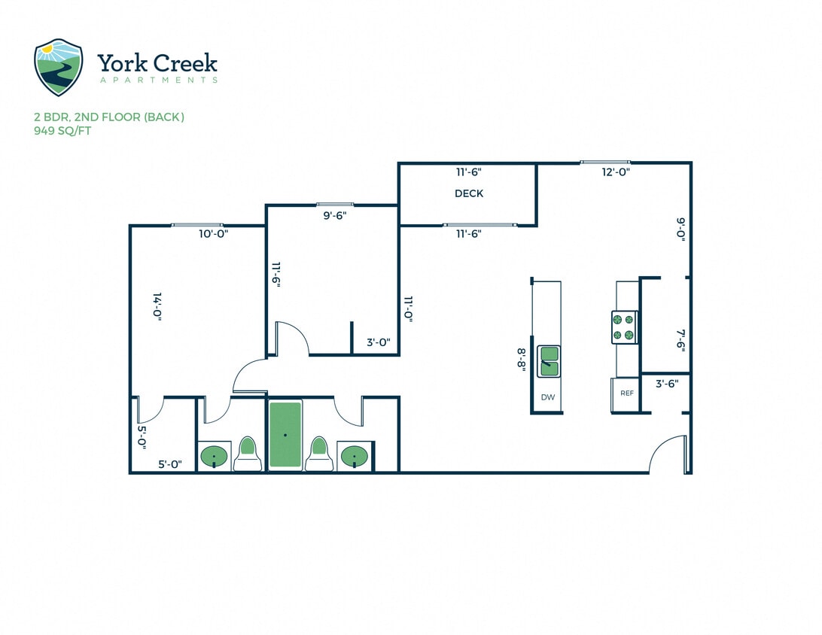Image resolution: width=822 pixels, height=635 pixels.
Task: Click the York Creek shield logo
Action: tap(58, 67)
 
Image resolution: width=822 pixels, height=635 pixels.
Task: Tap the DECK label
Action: tap(468, 193)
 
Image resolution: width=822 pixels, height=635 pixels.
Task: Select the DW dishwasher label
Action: tap(547, 396)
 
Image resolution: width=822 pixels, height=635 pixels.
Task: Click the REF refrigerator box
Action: tap(626, 393)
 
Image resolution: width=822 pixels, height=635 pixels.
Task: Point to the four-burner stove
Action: tap(624, 327)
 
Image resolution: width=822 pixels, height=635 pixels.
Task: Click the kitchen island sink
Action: tap(548, 361)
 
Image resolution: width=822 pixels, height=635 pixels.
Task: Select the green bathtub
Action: tap(285, 434)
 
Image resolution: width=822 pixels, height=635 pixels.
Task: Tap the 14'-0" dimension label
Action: tap(157, 307)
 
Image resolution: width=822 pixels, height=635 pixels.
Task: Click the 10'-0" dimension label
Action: tap(213, 234)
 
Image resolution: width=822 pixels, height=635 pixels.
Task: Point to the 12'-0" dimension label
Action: tap(615, 172)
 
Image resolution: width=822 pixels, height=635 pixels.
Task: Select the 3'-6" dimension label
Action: tap(666, 383)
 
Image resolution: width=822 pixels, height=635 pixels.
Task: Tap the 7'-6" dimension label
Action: tap(680, 339)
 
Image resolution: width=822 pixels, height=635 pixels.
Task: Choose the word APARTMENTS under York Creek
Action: tap(157, 80)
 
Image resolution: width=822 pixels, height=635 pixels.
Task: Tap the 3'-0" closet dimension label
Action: tap(378, 342)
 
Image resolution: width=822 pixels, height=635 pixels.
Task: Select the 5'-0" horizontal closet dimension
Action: tap(170, 464)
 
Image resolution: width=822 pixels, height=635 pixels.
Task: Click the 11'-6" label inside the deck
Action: tap(468, 172)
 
